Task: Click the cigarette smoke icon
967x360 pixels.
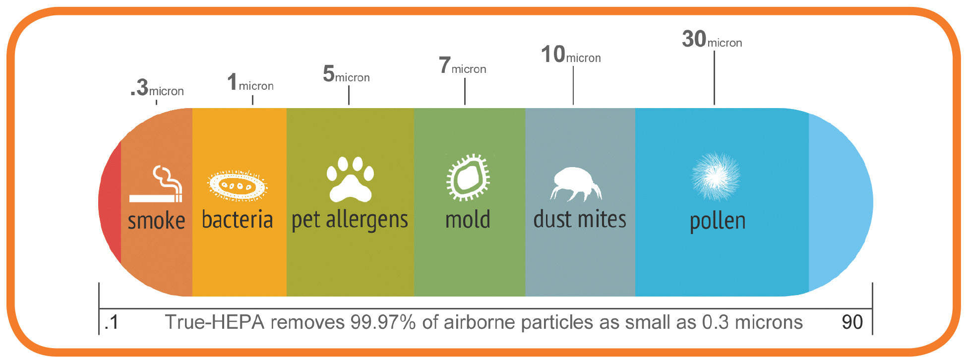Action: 156,184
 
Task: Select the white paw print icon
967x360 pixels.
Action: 350,180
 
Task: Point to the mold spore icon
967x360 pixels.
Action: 468,177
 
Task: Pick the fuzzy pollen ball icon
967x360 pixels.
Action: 716,177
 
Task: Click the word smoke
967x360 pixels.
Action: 156,221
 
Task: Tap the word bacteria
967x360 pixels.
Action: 237,219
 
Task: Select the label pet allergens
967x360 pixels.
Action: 350,220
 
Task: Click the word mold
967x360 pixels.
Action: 468,219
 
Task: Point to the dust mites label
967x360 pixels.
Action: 580,219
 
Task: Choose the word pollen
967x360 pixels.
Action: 718,221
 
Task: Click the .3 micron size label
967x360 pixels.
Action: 157,88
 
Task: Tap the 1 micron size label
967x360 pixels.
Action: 250,82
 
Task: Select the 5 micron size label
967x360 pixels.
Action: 346,74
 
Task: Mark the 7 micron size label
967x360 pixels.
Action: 462,65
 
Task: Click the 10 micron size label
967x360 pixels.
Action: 571,54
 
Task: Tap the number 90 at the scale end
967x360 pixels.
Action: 852,322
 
